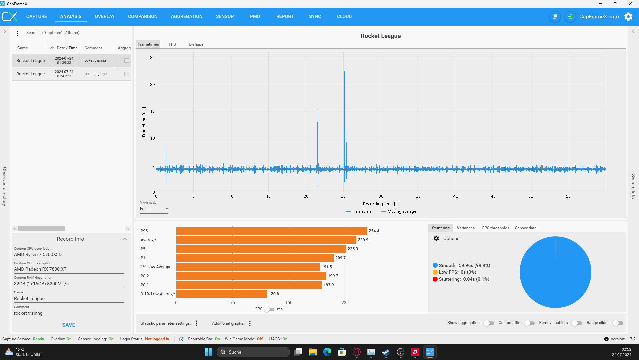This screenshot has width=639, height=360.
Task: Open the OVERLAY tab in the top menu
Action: pos(104,16)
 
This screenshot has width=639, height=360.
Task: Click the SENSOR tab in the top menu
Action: pos(225,16)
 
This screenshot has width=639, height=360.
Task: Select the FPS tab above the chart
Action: pos(172,44)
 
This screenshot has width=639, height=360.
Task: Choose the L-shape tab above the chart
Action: pos(196,44)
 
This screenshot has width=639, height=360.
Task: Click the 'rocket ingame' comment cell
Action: pos(95,74)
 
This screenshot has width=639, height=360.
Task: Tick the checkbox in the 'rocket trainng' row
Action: pos(127,60)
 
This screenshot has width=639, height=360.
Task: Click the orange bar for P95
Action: pos(271,231)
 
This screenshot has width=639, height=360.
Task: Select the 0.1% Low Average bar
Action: pos(221,294)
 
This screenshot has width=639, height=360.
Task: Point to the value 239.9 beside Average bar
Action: pos(363,240)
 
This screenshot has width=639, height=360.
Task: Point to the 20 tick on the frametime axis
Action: pos(152,84)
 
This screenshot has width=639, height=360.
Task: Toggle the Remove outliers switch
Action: pos(577,323)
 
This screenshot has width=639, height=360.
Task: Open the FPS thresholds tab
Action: pos(495,228)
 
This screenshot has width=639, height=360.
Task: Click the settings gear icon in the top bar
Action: pos(628,17)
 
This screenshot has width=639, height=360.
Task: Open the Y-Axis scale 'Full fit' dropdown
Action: pos(154,209)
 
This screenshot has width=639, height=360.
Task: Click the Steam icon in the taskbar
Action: pos(386,352)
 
